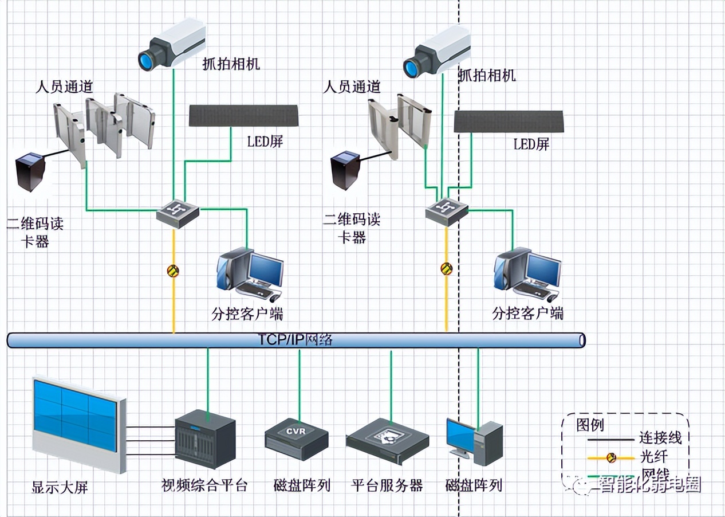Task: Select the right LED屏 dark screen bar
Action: pos(509,122)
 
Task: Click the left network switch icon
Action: pos(178,213)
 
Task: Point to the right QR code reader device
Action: pos(346,170)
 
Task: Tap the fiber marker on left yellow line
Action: pos(173,271)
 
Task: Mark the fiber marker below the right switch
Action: pos(447,268)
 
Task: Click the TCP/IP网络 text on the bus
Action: pos(295,340)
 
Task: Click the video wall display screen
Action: pos(76,418)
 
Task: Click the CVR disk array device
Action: pos(297,439)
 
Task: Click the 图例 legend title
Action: pos(590,425)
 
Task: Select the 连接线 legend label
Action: pos(660,438)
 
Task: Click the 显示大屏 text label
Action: pos(60,488)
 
